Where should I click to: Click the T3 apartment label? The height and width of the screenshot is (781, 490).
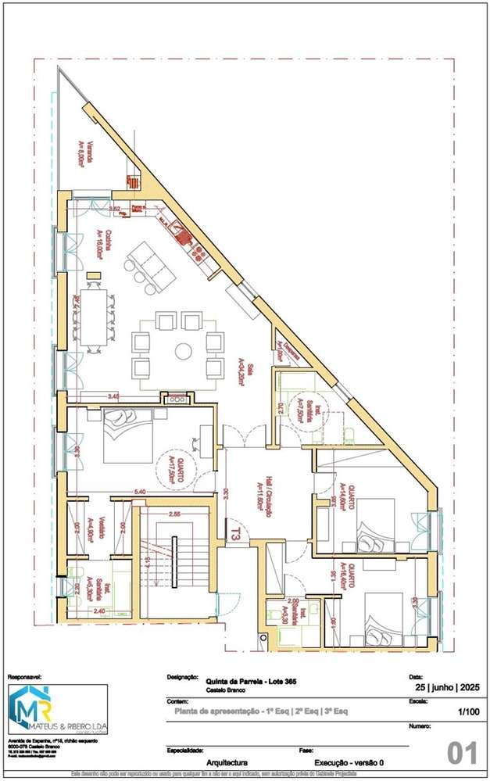coord(234,532)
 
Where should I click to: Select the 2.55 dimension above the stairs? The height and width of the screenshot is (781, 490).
coord(175,514)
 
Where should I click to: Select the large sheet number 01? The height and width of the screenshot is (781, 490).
coord(462,754)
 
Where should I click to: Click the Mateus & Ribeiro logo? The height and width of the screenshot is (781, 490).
coord(57,710)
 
